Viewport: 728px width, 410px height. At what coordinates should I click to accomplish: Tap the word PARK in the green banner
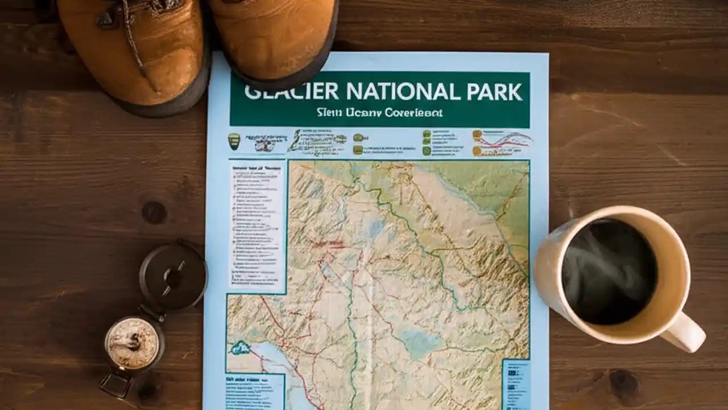493,92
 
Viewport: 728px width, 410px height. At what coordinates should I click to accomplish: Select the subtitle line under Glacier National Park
379,113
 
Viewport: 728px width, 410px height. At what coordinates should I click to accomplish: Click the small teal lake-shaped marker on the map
241,347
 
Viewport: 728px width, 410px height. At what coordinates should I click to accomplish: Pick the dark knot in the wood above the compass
154,212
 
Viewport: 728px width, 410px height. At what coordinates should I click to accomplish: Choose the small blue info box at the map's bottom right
516,384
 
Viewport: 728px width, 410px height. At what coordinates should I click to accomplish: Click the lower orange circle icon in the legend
477,151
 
